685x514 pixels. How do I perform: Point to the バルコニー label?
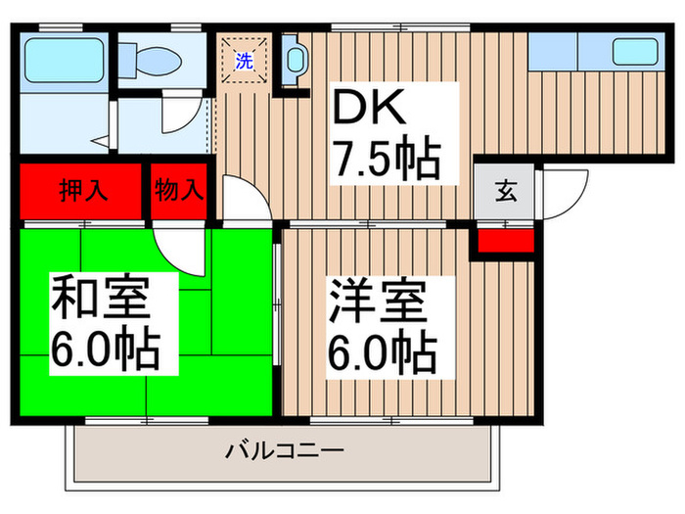click(284, 451)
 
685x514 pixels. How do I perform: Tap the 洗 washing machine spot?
click(244, 60)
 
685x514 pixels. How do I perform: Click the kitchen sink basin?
click(633, 51)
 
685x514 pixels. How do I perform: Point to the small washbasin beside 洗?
click(293, 58)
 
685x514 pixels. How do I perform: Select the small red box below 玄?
click(503, 239)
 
